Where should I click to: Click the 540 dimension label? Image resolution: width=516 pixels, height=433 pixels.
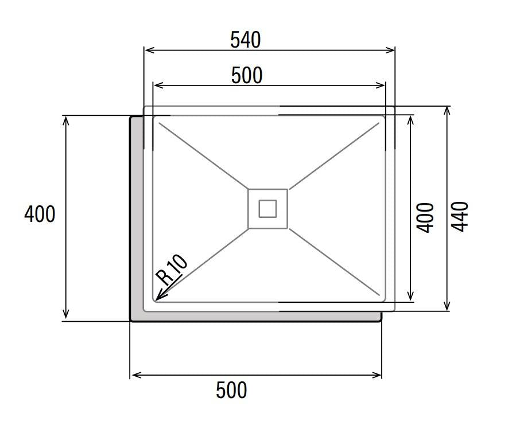coord(246,40)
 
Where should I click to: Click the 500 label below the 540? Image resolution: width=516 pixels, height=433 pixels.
coord(247,75)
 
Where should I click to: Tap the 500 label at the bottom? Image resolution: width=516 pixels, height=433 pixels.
coord(231,390)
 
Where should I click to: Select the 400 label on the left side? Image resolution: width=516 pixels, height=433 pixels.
coord(40,214)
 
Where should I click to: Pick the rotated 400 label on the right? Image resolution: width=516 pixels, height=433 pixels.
coord(425,218)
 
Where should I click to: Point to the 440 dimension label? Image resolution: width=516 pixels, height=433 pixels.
coord(459,217)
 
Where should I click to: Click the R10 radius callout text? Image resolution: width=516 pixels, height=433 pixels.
coord(172,270)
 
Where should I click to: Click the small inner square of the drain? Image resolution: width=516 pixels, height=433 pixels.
coord(267,209)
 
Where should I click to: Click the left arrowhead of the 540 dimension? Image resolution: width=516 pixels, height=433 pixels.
coord(149,50)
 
